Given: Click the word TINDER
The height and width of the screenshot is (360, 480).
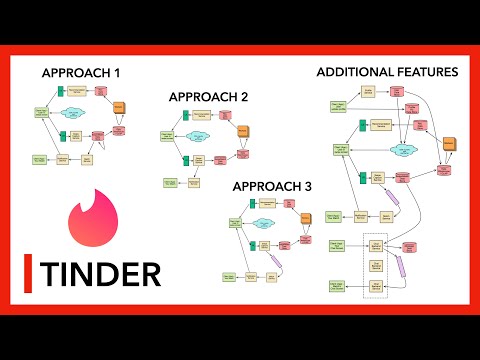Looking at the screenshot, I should tap(99, 272).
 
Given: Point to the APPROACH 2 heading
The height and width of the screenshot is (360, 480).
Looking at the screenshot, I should tap(208, 97).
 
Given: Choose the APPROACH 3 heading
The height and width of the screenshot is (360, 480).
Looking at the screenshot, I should tap(271, 186).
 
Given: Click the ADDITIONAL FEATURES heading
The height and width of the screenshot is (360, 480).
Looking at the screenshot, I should tap(387, 72).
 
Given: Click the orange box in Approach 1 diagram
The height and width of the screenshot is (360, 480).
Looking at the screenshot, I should tap(118, 106).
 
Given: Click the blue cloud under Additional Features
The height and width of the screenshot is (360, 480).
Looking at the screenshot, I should tap(406, 149).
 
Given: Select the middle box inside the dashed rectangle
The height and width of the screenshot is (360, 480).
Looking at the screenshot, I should tap(377, 266).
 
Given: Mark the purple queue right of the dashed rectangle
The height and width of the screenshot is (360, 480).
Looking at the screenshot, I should tap(402, 266).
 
